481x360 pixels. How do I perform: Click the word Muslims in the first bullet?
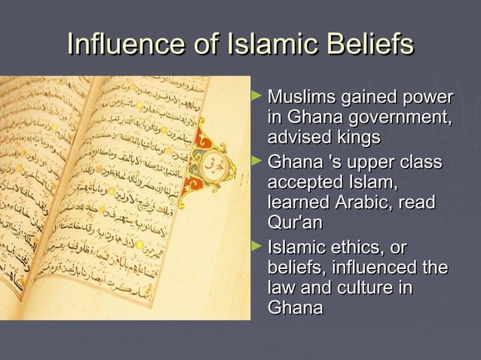299,98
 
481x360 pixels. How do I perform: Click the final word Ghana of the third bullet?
295,308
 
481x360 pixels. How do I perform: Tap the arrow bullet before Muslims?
258,97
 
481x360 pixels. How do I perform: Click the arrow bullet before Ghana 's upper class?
258,162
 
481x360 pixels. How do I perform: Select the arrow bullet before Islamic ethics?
258,247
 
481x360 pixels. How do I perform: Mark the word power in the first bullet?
429,98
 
